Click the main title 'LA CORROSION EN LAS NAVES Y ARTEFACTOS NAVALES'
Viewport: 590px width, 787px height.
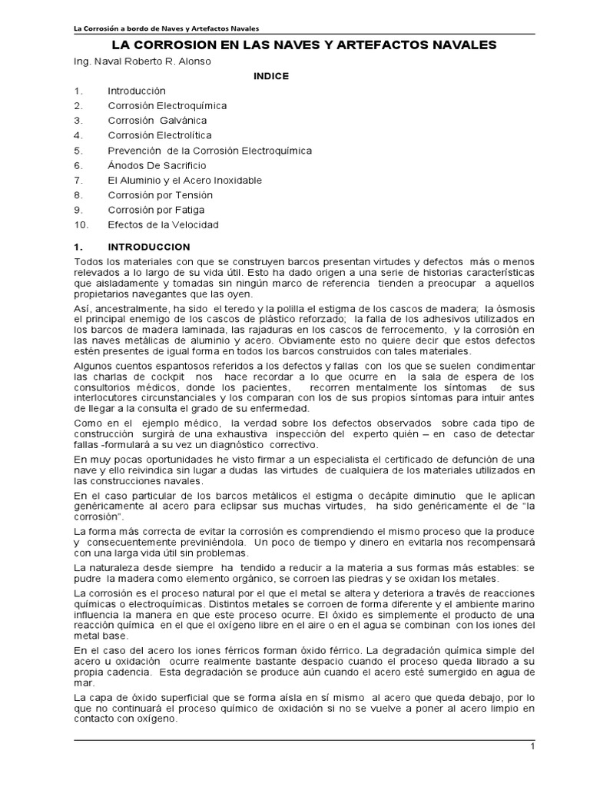pyautogui.click(x=294, y=45)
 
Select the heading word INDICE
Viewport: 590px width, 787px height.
pyautogui.click(x=271, y=76)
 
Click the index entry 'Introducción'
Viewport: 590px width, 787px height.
pyautogui.click(x=137, y=91)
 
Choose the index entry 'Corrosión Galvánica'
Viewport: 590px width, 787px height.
pyautogui.click(x=157, y=121)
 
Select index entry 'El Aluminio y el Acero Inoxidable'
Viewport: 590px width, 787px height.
pyautogui.click(x=184, y=180)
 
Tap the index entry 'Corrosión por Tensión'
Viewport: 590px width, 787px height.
pyautogui.click(x=160, y=195)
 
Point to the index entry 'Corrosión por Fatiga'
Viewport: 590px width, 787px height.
pyautogui.click(x=157, y=210)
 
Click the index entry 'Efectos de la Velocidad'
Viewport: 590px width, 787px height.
pyautogui.click(x=163, y=225)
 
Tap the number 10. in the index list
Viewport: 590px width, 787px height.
pyautogui.click(x=81, y=225)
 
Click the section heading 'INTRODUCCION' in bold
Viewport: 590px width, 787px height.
pyautogui.click(x=149, y=247)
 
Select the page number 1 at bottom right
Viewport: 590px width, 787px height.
pyautogui.click(x=532, y=746)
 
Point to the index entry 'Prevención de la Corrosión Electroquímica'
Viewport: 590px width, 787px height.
pyautogui.click(x=210, y=151)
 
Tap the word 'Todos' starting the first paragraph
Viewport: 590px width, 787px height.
pyautogui.click(x=86, y=263)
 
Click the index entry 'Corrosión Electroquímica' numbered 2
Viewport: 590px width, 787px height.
pyautogui.click(x=167, y=105)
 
